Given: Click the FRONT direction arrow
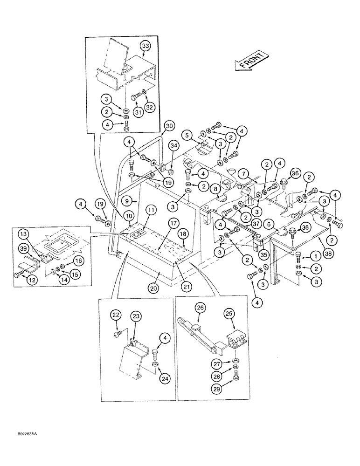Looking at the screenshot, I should pos(250,61).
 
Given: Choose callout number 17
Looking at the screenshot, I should pos(173,224).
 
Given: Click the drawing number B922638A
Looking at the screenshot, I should pos(24,434).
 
